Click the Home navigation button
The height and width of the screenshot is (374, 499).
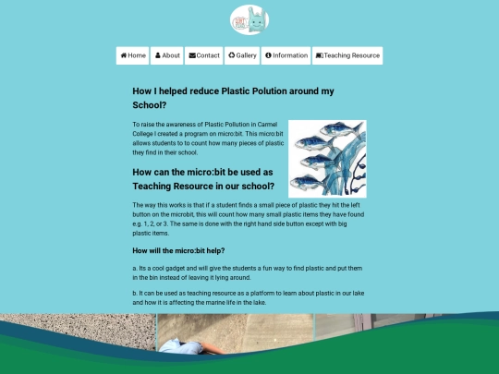(x=133, y=55)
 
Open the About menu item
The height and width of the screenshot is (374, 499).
(x=167, y=55)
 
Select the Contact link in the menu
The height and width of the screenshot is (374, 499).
(x=204, y=55)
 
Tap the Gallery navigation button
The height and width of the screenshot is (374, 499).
(x=242, y=55)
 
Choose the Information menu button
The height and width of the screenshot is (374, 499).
(x=286, y=55)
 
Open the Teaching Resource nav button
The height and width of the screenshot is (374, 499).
(x=347, y=55)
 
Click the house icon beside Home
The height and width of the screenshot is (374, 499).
(x=122, y=55)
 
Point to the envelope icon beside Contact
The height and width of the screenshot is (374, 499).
(x=192, y=55)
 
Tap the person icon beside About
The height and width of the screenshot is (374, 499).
(x=158, y=55)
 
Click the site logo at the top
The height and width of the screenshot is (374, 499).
(x=249, y=20)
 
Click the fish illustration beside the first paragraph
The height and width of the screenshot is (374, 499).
(x=326, y=159)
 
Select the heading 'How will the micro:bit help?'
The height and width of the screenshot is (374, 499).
(x=178, y=250)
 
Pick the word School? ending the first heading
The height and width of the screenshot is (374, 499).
(x=150, y=105)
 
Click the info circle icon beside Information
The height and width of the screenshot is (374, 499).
(x=268, y=55)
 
